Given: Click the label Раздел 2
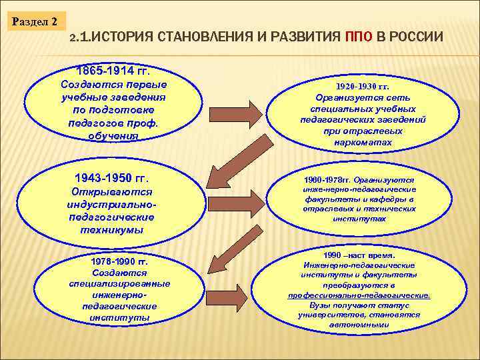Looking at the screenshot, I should [x=34, y=21].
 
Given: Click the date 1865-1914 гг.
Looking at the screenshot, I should [x=113, y=71].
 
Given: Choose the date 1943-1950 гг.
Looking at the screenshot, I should [x=111, y=179].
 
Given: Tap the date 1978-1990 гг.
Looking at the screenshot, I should [x=119, y=261].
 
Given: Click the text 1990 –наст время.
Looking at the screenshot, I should [x=359, y=255].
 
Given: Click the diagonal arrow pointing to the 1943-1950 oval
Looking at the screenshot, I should [x=230, y=163].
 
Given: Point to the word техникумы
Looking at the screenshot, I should [x=111, y=229].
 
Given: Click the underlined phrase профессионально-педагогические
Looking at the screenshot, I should [x=359, y=295].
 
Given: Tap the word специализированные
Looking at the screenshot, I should [x=119, y=283].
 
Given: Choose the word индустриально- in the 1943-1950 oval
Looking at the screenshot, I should [x=111, y=205].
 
